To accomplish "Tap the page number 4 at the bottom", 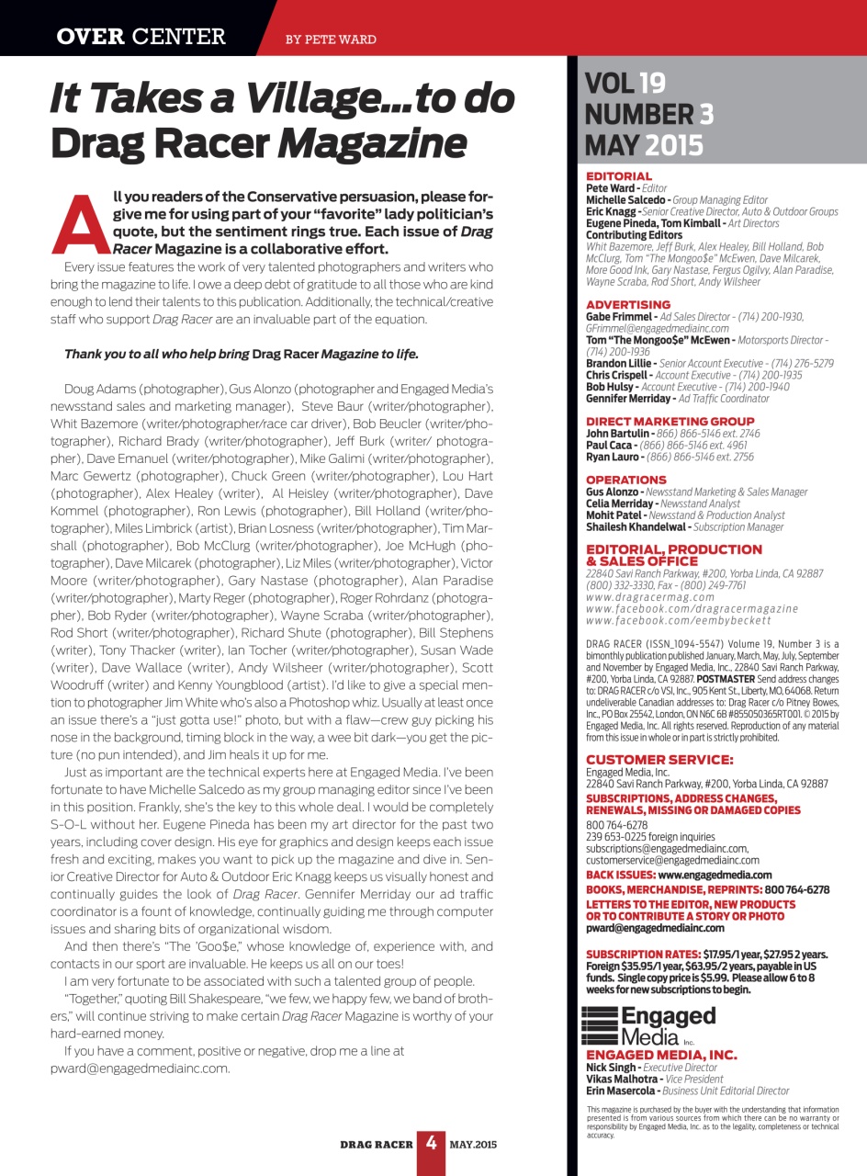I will tap(431, 1145).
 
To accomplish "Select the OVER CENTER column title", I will tap(141, 37).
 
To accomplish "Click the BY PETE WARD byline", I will tap(331, 40).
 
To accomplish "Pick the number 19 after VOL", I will tap(652, 84).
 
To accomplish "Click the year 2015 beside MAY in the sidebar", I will tap(674, 144).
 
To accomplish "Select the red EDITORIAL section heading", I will tap(619, 175).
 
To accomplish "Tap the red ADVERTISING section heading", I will tap(628, 304).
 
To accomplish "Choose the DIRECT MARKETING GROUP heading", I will tap(670, 421).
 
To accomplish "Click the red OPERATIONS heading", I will tap(626, 480).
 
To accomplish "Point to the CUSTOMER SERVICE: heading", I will tap(659, 759).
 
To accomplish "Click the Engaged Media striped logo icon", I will tap(602, 1023).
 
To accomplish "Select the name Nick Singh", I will tap(610, 1068).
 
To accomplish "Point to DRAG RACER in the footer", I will tap(377, 1144).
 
